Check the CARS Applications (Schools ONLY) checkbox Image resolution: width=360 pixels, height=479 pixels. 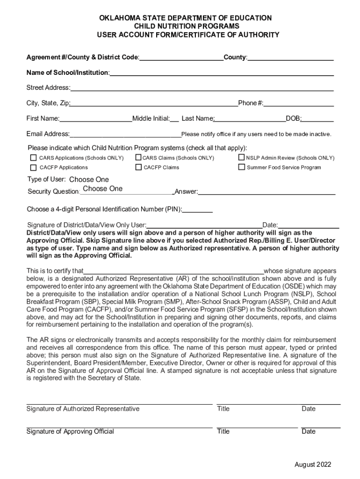click(x=33, y=158)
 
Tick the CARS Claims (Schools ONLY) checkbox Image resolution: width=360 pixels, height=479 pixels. click(x=138, y=158)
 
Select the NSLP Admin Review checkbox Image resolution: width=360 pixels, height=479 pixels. click(x=242, y=158)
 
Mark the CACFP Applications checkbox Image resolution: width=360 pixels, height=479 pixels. click(x=33, y=167)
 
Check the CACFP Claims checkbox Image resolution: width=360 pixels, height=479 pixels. click(x=138, y=167)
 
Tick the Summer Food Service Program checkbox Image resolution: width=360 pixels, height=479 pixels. click(x=242, y=167)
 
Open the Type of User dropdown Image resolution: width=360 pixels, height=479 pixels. click(x=89, y=180)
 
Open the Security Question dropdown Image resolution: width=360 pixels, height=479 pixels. click(x=103, y=189)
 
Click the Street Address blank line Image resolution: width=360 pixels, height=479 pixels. click(x=202, y=88)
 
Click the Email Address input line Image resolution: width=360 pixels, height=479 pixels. click(x=125, y=135)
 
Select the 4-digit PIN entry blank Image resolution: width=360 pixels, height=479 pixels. click(x=197, y=210)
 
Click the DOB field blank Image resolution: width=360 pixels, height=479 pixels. click(x=317, y=119)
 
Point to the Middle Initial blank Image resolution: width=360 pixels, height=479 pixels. click(x=174, y=119)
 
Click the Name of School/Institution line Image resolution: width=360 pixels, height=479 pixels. click(x=222, y=73)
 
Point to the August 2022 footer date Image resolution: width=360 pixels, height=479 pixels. click(x=313, y=464)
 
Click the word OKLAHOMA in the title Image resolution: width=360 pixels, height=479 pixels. click(x=119, y=18)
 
